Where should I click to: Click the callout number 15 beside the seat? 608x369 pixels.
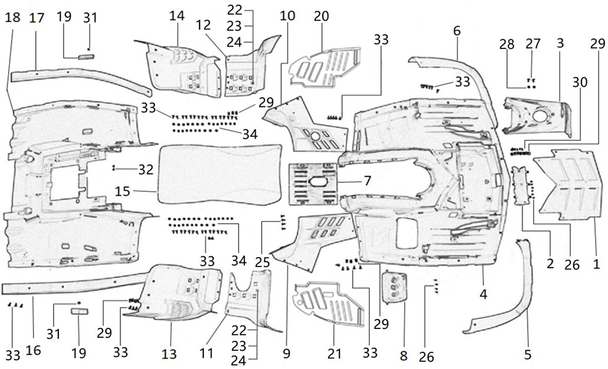123,192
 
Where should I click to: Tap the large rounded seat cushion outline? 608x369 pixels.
220,173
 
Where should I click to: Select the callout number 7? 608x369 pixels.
366,180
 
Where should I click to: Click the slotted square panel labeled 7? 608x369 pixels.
313,184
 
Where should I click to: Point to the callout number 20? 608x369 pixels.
321,16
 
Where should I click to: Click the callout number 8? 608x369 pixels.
404,355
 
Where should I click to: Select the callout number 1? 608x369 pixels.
596,264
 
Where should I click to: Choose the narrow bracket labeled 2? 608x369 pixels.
520,186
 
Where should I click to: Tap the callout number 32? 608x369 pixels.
146,170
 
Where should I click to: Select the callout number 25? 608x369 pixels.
263,263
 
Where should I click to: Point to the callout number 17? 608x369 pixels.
37,18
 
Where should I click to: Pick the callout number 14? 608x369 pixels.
177,15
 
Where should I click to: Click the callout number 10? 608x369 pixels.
288,15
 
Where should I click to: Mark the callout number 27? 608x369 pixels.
533,44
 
